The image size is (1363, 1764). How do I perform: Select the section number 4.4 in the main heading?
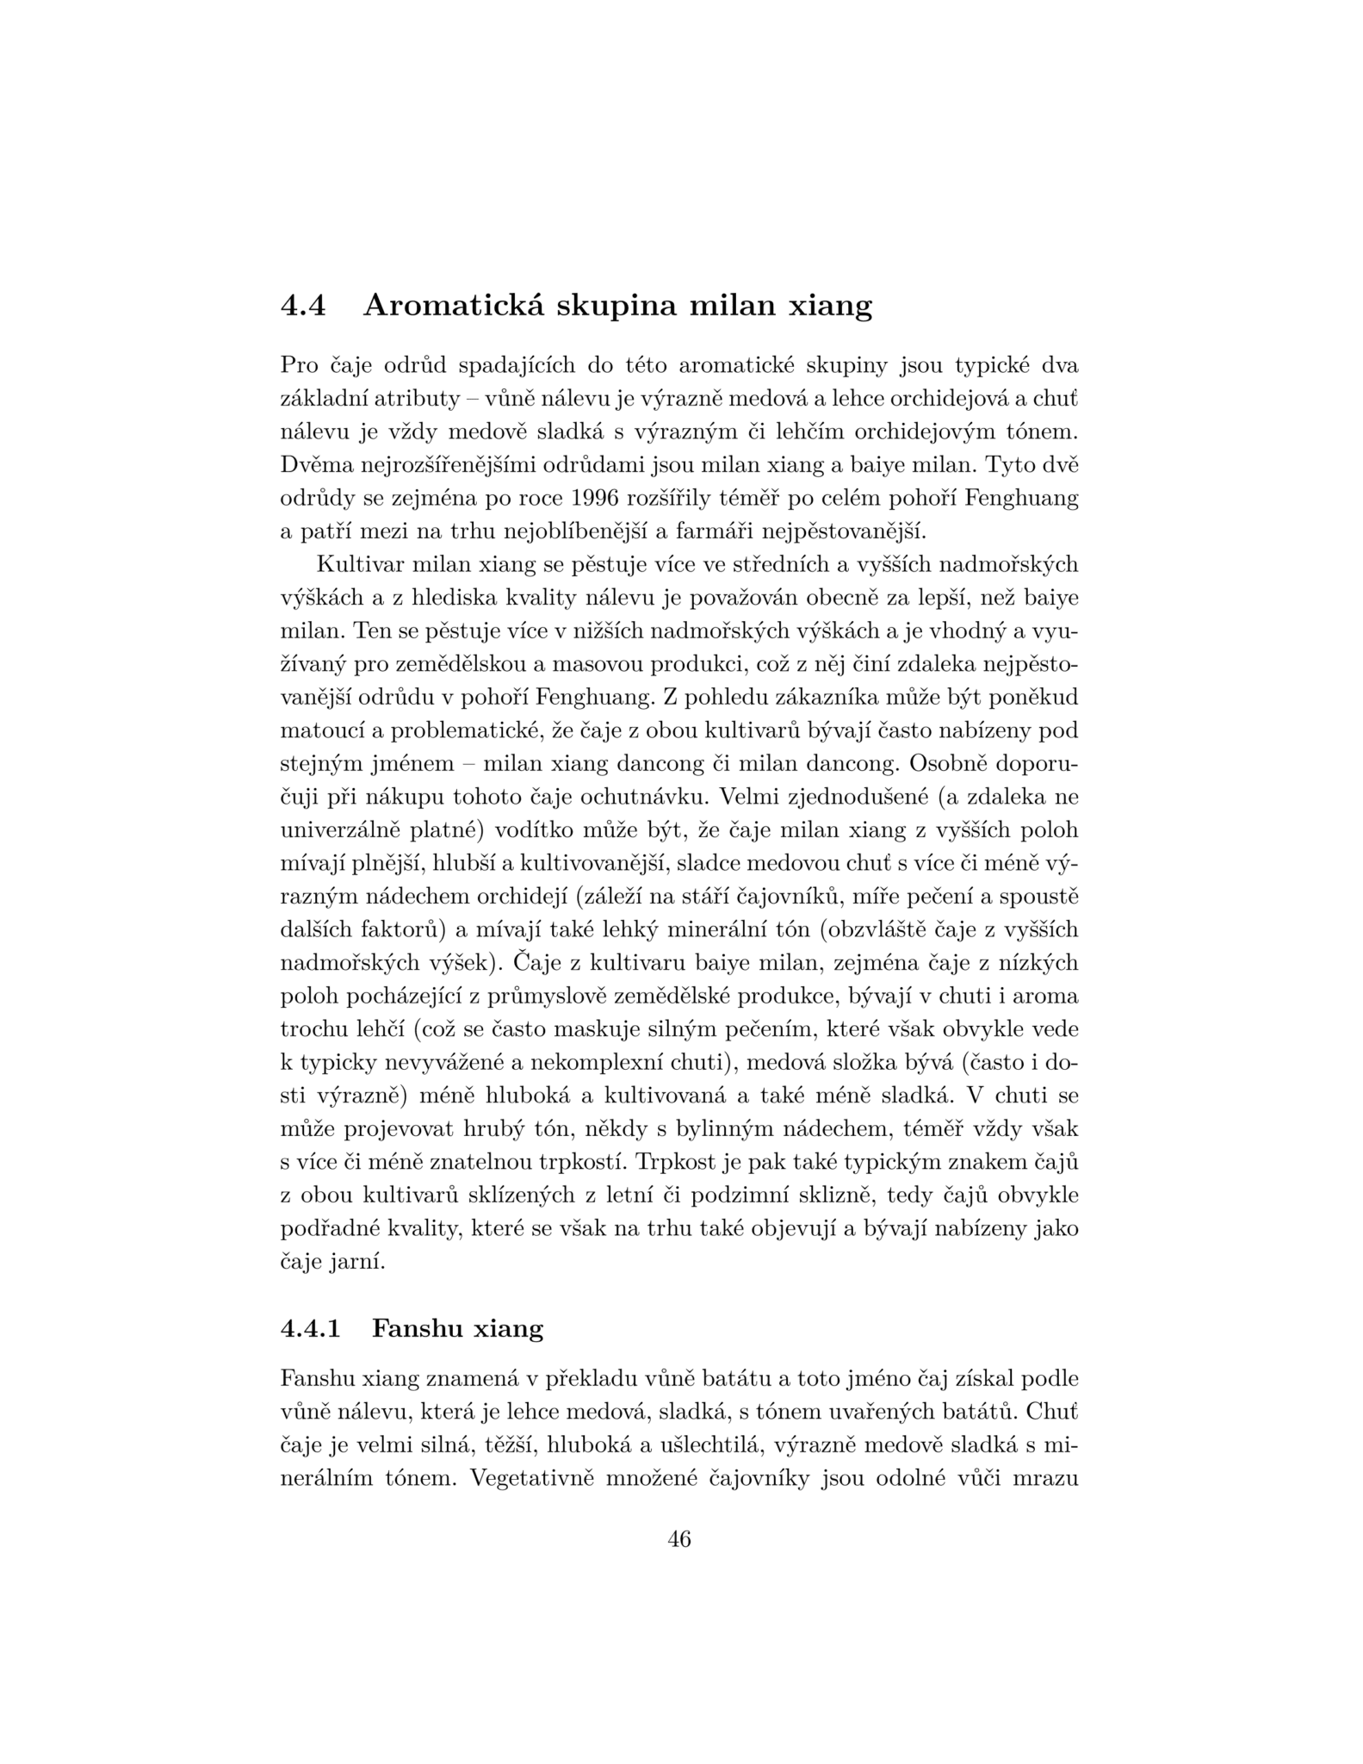click(x=303, y=306)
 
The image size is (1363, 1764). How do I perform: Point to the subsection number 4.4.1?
click(x=311, y=1329)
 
